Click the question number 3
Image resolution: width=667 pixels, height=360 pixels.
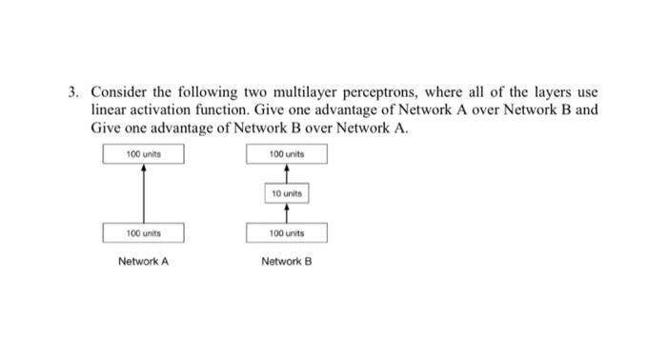pyautogui.click(x=72, y=92)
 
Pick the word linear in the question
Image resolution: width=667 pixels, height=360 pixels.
pyautogui.click(x=110, y=110)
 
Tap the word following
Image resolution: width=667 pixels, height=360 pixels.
pyautogui.click(x=209, y=92)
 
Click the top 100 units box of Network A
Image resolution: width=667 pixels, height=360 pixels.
pyautogui.click(x=143, y=153)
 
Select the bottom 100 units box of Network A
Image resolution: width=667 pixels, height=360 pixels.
pyautogui.click(x=143, y=231)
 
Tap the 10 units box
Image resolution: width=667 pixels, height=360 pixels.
pyautogui.click(x=286, y=193)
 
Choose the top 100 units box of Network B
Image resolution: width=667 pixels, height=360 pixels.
pyautogui.click(x=286, y=153)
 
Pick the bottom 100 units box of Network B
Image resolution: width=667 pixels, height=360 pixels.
pyautogui.click(x=286, y=231)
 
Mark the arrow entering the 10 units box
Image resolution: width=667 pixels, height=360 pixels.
pyautogui.click(x=286, y=212)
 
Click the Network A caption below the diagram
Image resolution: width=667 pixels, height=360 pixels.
pyautogui.click(x=143, y=260)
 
